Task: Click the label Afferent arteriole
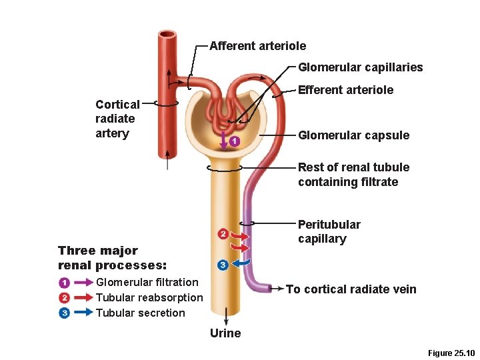(x=257, y=46)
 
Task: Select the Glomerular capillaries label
(x=360, y=67)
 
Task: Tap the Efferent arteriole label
(x=345, y=90)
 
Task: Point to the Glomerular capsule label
(x=353, y=135)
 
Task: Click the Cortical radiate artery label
(x=117, y=119)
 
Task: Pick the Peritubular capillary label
(x=329, y=232)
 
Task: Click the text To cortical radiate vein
(x=351, y=289)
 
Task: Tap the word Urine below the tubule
(x=225, y=333)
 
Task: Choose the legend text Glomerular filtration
(x=147, y=283)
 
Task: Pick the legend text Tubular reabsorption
(x=149, y=298)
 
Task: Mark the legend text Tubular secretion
(x=141, y=313)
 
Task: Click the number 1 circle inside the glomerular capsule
(x=234, y=141)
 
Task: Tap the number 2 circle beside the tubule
(x=223, y=233)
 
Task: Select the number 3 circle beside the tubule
(x=223, y=265)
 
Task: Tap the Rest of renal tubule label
(x=353, y=175)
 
